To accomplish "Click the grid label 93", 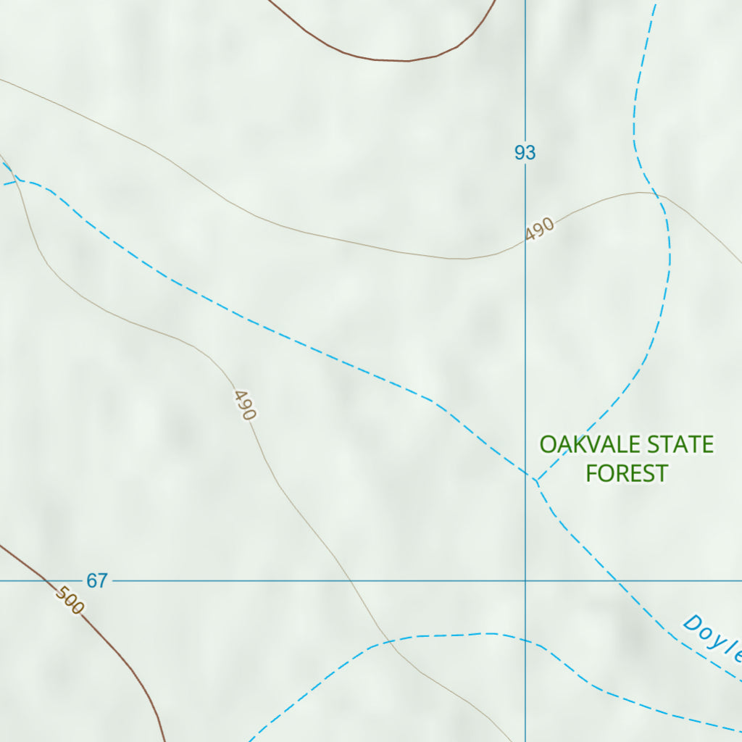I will tap(525, 153).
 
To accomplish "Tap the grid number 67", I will tap(97, 580).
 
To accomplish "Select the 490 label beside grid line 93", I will tap(541, 229).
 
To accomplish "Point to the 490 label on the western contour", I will tap(245, 405).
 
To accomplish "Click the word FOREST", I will tap(627, 473).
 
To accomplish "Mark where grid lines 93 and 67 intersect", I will tap(525, 580).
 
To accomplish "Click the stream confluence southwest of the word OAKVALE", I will tap(535, 480).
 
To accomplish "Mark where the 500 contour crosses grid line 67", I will tap(46, 580).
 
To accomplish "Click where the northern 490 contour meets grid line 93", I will tap(525, 244).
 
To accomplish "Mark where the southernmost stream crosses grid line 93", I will tap(525, 638).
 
